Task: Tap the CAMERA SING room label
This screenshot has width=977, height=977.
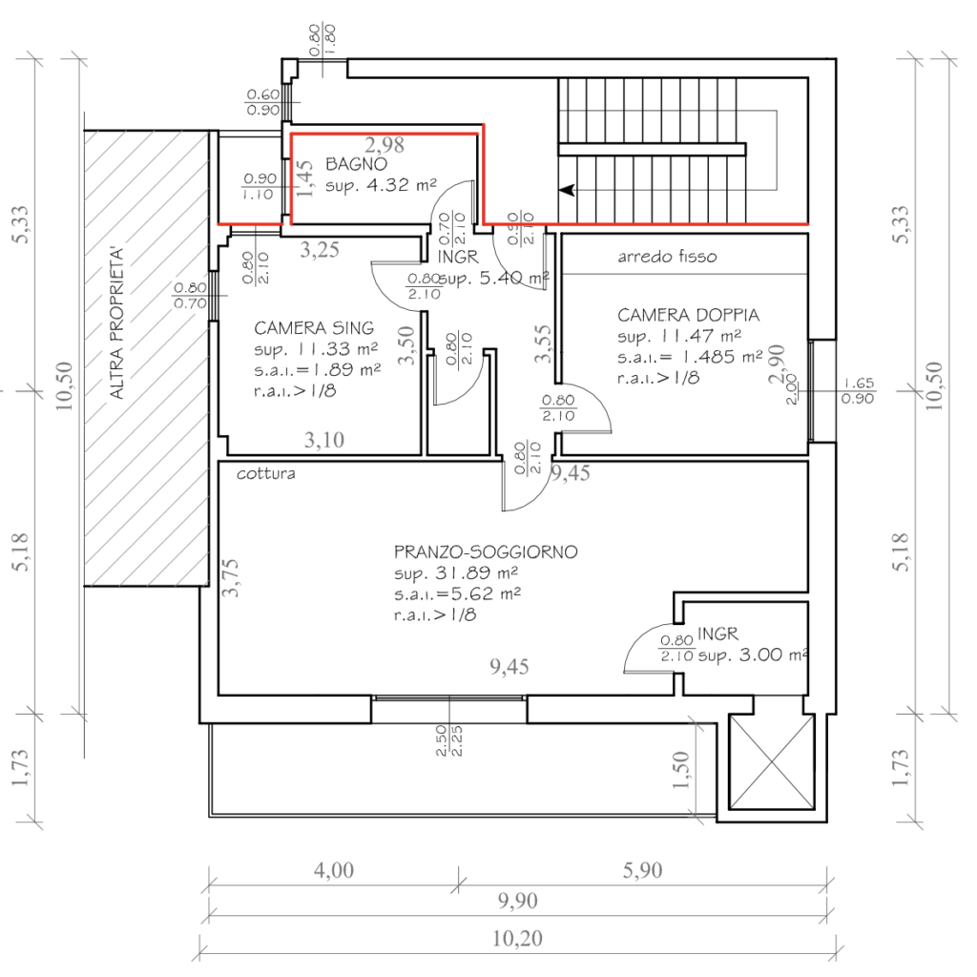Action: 314,327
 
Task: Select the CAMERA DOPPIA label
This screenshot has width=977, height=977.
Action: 688,315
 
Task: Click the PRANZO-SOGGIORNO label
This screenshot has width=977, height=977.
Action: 486,552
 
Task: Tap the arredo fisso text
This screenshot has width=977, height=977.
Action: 666,257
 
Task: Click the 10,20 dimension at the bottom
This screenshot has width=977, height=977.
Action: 517,939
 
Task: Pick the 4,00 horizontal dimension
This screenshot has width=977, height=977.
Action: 334,869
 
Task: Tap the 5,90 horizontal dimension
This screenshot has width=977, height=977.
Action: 642,869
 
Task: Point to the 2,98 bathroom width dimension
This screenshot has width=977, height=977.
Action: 385,145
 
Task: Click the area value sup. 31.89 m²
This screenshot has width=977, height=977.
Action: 455,573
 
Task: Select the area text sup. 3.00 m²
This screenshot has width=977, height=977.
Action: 753,656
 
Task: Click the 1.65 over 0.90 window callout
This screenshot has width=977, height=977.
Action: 859,391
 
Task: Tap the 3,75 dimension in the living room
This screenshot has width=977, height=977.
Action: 230,578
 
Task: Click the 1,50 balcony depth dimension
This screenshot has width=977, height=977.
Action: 679,771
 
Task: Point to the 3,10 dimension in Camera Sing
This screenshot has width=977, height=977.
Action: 325,440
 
